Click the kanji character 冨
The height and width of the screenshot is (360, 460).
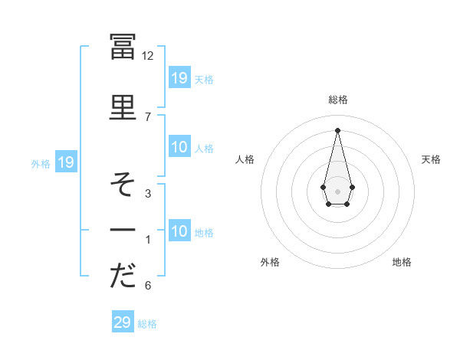click(x=123, y=47)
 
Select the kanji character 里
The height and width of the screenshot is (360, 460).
click(x=123, y=108)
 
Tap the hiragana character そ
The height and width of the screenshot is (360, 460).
click(x=123, y=185)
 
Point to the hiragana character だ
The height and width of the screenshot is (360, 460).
click(x=123, y=277)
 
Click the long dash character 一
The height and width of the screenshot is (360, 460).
click(x=123, y=230)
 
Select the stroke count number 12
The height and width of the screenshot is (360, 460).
click(x=148, y=56)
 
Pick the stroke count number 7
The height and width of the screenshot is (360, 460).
click(x=148, y=116)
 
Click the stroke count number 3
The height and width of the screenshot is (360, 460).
click(x=148, y=194)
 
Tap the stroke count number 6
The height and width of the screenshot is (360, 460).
click(x=148, y=286)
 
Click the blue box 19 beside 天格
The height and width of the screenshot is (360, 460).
click(x=179, y=77)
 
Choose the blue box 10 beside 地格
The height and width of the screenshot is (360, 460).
click(x=179, y=231)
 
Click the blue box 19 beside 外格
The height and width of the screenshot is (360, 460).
click(x=66, y=162)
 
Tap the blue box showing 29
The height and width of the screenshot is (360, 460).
click(x=123, y=322)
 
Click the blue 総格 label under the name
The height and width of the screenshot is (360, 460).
click(x=147, y=324)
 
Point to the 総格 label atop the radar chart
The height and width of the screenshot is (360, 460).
click(x=337, y=100)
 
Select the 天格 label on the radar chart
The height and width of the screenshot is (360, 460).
click(x=432, y=159)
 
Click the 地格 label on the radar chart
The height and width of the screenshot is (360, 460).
click(x=402, y=262)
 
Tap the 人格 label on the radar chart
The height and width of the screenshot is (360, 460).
click(x=245, y=159)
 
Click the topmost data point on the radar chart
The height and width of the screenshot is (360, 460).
click(x=337, y=130)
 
